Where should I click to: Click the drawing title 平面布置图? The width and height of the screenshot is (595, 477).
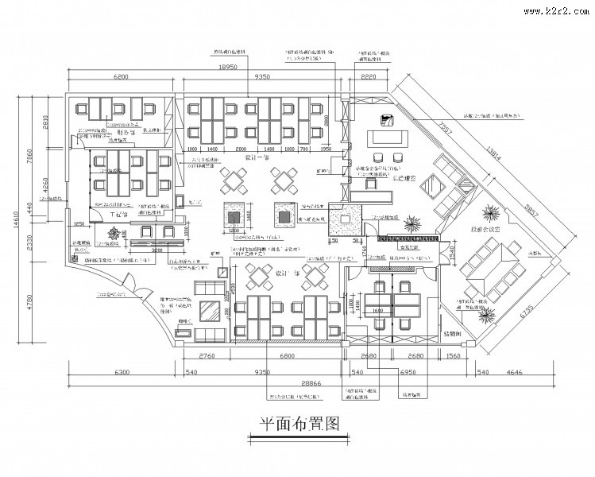[x=295, y=424]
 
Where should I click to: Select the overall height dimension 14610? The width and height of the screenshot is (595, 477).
[x=16, y=223]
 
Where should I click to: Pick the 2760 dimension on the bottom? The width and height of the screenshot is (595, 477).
[x=207, y=355]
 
